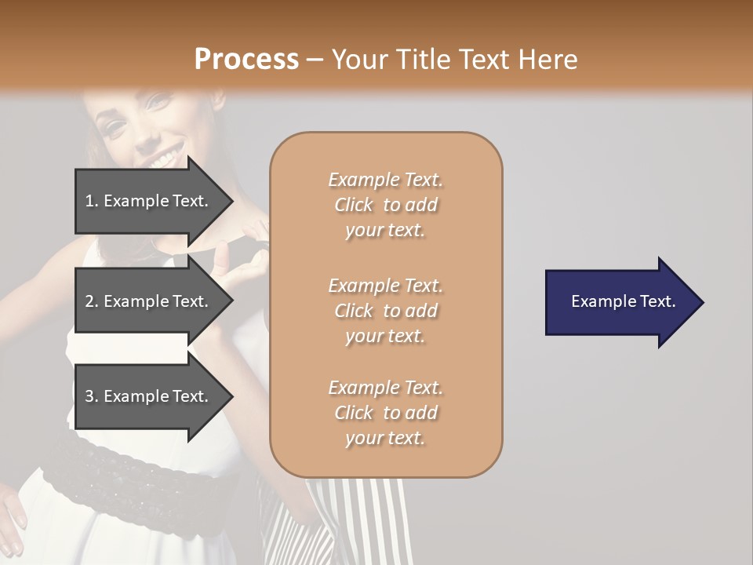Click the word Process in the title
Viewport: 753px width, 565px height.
(x=246, y=60)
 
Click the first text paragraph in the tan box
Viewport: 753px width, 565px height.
(x=385, y=205)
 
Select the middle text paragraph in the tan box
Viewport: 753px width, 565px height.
(x=385, y=311)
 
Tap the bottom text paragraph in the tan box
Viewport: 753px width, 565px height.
(x=385, y=413)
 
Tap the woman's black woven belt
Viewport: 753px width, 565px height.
(x=118, y=471)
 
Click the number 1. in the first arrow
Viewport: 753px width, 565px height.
(x=92, y=201)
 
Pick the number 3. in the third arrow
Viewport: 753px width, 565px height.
(x=92, y=396)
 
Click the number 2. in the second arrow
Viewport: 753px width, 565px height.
(x=92, y=301)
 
